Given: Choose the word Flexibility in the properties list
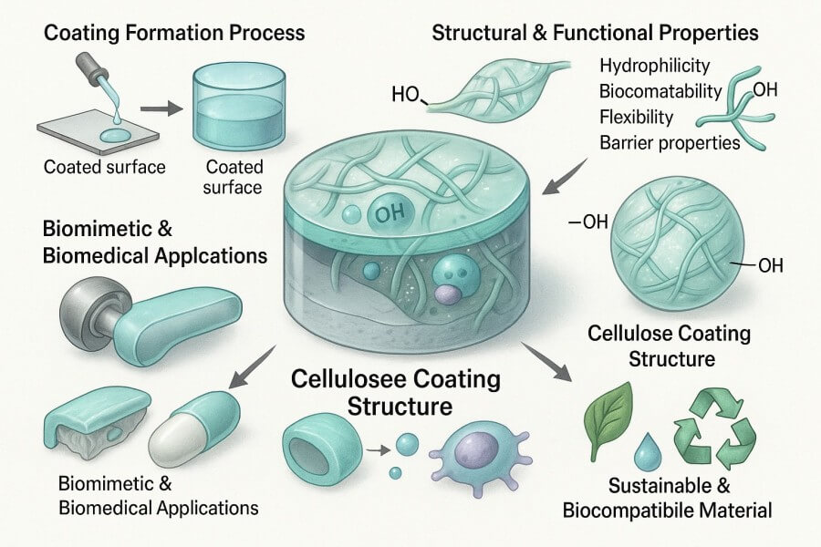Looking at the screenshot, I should [637, 116].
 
